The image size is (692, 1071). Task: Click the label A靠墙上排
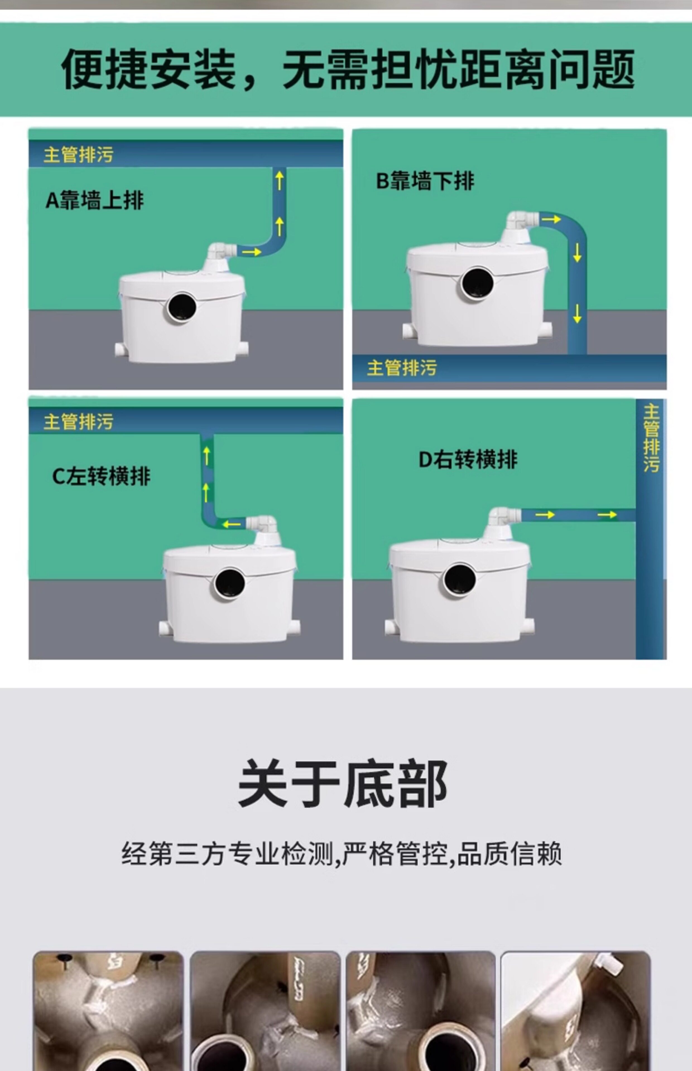95,200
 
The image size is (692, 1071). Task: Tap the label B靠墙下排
425,181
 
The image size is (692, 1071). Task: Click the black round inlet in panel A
182,308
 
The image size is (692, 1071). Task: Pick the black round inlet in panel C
230,583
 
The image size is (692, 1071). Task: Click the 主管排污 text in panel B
402,368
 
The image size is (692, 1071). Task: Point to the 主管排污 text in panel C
78,422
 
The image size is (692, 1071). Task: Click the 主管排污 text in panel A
78,155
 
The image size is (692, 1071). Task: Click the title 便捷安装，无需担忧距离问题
348,70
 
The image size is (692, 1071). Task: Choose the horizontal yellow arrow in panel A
252,252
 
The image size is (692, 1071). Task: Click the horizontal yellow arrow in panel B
551,219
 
